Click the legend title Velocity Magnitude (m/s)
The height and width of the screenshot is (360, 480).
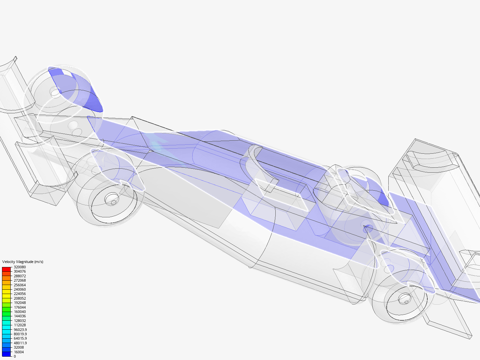coord(23,262)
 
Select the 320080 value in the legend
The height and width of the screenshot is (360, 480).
coord(20,267)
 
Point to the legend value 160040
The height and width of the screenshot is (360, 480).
coord(20,312)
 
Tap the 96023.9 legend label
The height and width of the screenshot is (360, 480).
coord(20,330)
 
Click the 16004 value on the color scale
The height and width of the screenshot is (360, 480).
coord(19,352)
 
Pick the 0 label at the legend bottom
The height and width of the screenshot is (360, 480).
coord(15,356)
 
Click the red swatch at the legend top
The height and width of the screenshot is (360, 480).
coord(6,269)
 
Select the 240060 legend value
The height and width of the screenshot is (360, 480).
coord(20,289)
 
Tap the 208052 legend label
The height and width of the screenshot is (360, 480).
coord(20,298)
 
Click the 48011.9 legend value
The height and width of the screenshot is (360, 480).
coord(20,343)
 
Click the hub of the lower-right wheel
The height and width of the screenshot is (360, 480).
coord(404,298)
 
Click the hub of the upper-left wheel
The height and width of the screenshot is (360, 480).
coord(55,92)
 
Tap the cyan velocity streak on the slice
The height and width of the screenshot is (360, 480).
coord(157,145)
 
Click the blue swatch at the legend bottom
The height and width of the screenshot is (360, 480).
coord(6,354)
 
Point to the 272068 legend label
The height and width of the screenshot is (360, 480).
coord(20,280)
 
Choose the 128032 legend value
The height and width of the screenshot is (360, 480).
coord(20,321)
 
